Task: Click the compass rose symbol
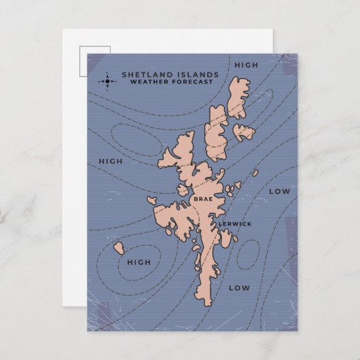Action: coord(107,82)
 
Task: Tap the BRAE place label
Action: coord(203,199)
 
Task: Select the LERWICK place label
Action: coord(234,223)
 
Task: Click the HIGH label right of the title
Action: coord(246,65)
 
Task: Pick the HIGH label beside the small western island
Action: coord(139,262)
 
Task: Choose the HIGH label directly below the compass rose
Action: coord(111,162)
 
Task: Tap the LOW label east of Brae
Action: coord(279,192)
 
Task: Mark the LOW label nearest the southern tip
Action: coord(239,288)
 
